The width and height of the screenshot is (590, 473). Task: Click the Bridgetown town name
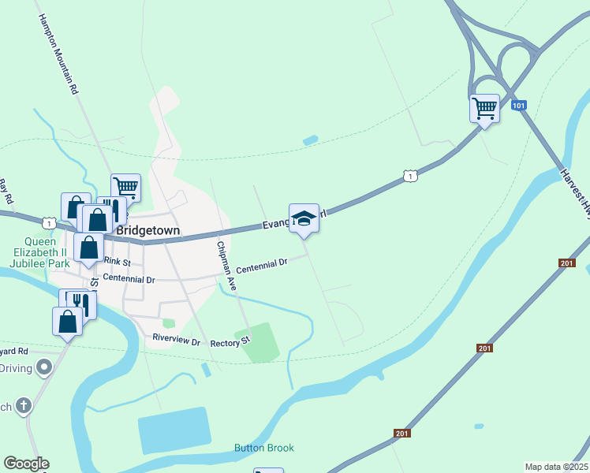click(x=148, y=231)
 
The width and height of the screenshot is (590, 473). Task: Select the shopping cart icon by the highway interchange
click(x=484, y=107)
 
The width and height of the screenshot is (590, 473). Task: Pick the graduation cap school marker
click(x=304, y=218)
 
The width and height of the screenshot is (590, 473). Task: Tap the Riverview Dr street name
click(x=178, y=340)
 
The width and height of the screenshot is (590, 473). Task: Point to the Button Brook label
click(x=263, y=448)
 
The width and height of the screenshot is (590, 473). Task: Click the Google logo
click(x=26, y=464)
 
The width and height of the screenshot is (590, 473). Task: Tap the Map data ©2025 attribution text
click(x=557, y=467)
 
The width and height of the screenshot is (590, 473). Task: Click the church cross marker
click(x=24, y=407)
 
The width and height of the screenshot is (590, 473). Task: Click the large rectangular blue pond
click(x=174, y=430)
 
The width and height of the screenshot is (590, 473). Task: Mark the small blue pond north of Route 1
click(x=310, y=140)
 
